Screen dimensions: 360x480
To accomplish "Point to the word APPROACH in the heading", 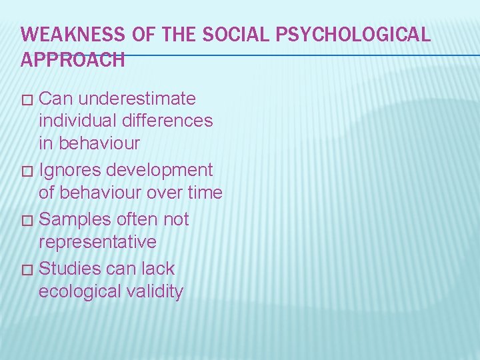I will (73, 60).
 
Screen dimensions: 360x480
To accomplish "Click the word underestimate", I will (137, 99).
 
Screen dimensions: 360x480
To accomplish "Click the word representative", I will (97, 241).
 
